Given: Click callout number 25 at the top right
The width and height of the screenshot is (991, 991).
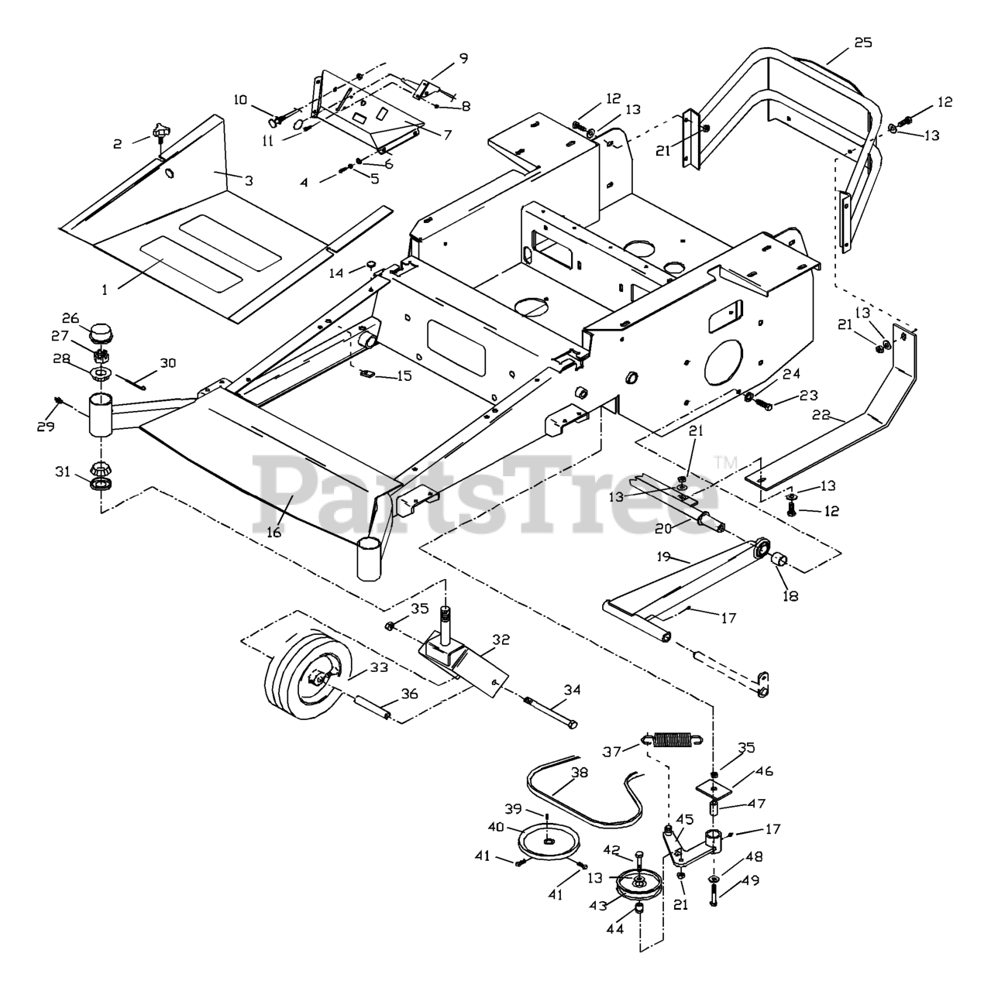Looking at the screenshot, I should coord(863,42).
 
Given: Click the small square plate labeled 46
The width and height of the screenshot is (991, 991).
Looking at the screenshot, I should coord(714,787).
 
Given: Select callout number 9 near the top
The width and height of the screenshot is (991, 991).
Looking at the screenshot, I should coord(463,57).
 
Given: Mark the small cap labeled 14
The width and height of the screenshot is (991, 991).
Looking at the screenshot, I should coord(370,267).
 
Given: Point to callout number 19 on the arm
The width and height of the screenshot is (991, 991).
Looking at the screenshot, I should coord(662,557).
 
